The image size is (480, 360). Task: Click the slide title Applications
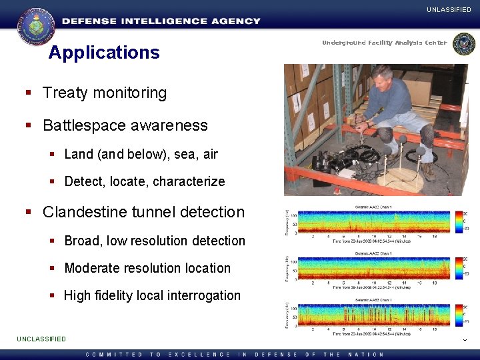[104, 53]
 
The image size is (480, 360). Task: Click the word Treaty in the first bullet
[65, 93]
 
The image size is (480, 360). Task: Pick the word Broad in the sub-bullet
[83, 241]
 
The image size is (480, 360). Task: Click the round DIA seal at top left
[32, 25]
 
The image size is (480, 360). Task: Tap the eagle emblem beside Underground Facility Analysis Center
[463, 44]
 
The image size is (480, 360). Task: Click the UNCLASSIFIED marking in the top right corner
[449, 10]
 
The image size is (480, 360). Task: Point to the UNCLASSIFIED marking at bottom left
[41, 339]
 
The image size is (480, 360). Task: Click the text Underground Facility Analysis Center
[385, 43]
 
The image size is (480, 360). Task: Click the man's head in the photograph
[381, 75]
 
